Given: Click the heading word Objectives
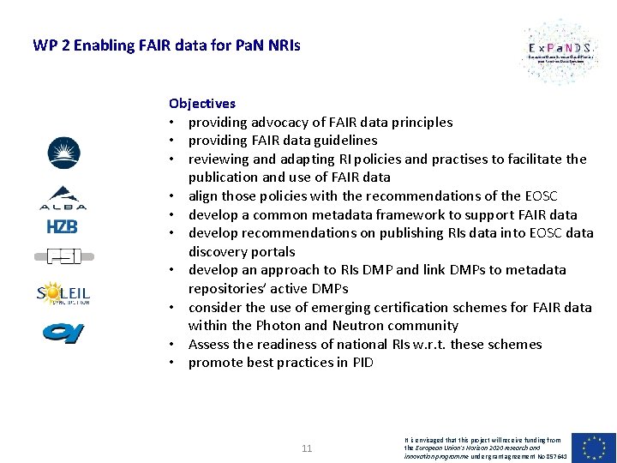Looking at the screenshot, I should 202,104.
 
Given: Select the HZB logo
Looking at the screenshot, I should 63,226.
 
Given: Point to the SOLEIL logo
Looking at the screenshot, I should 63,294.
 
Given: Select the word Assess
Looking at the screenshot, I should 209,345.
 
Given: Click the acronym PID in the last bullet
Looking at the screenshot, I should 362,363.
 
